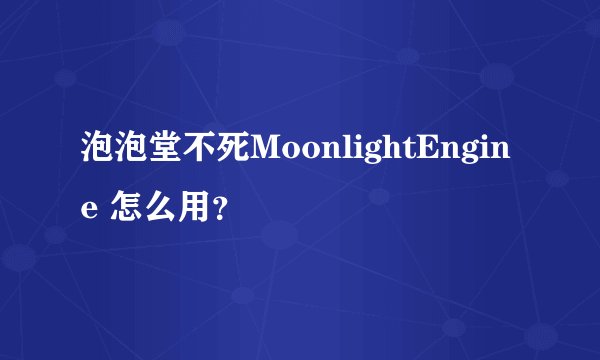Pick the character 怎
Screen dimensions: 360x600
tap(125, 208)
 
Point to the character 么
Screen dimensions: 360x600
tap(159, 208)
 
